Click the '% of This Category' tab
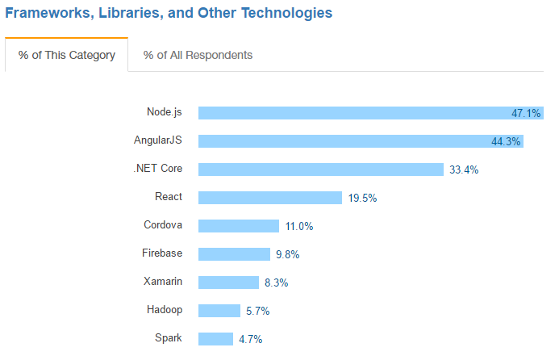click(66, 55)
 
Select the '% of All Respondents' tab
click(198, 55)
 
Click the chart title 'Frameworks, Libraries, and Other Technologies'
click(169, 14)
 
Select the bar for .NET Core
click(320, 170)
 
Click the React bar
click(269, 198)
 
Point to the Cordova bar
click(238, 226)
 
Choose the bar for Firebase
click(234, 254)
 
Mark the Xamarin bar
click(229, 283)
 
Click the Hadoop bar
click(219, 311)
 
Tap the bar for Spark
click(215, 339)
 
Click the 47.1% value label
click(526, 113)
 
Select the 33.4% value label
click(463, 170)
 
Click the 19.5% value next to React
click(363, 198)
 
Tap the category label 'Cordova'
click(163, 225)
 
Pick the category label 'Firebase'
click(162, 253)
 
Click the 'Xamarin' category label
click(162, 282)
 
